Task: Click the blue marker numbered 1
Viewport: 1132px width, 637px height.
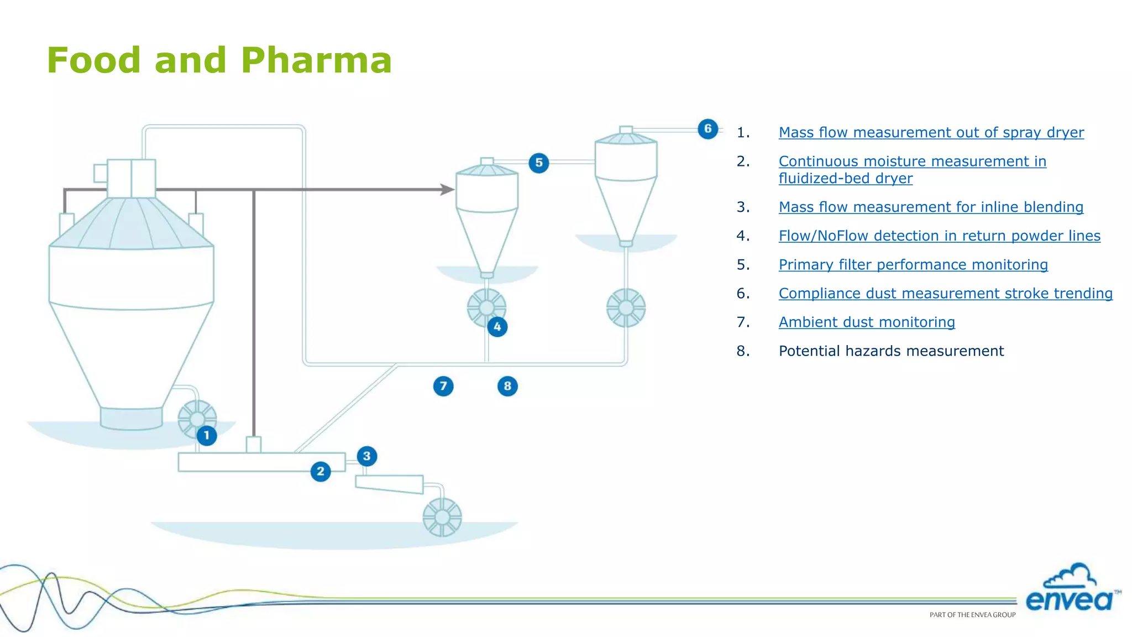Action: [x=207, y=435]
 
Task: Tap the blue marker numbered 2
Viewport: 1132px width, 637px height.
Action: [x=321, y=471]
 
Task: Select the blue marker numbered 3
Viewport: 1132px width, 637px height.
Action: [x=366, y=456]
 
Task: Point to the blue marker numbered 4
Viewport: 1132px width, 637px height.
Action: [x=497, y=327]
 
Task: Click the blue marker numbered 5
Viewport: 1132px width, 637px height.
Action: [x=539, y=163]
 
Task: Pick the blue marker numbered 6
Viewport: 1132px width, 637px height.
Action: [x=707, y=129]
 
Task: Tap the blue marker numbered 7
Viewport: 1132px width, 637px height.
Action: [x=443, y=386]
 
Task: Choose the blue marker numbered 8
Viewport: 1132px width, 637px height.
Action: [x=507, y=386]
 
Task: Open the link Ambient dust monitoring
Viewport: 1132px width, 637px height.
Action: [x=866, y=322]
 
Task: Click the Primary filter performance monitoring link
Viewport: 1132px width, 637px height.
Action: [x=913, y=264]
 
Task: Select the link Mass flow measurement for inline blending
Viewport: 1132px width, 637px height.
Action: [x=930, y=207]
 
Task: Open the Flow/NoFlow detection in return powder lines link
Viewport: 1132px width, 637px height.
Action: [x=939, y=236]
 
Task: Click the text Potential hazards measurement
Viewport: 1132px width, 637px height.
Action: [x=890, y=351]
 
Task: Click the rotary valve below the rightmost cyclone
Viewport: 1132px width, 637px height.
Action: [x=626, y=307]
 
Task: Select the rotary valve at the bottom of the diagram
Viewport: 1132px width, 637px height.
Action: [x=442, y=517]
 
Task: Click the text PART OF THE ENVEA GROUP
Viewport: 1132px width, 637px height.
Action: [x=972, y=614]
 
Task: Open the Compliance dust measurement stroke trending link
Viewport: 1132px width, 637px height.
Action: [x=945, y=293]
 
